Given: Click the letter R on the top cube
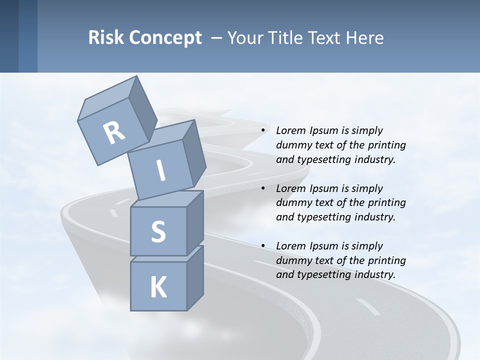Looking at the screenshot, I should [x=114, y=133].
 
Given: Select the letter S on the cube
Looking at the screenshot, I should [x=158, y=231].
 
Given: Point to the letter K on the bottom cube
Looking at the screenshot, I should [x=158, y=287].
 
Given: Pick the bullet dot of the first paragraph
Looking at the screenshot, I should [x=263, y=131].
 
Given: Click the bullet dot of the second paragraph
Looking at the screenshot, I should [x=263, y=189].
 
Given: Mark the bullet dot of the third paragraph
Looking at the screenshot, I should [x=263, y=246].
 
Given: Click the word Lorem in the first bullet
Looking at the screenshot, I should [x=290, y=130].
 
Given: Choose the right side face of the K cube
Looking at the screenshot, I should [x=195, y=278].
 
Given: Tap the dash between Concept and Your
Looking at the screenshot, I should [x=217, y=37].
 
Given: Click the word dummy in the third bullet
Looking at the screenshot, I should [x=294, y=260].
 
